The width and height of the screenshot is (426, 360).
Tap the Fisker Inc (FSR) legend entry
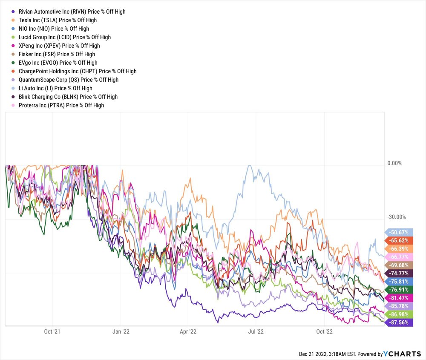tap(57, 54)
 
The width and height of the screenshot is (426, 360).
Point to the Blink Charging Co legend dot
tap(14, 97)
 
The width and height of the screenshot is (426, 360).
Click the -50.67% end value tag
tap(399, 232)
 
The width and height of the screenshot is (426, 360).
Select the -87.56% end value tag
tap(399, 323)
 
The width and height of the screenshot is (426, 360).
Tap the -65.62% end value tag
tap(399, 240)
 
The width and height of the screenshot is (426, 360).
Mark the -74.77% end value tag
tap(399, 273)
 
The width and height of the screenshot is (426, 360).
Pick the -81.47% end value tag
tap(399, 298)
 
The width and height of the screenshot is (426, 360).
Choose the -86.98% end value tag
tap(399, 314)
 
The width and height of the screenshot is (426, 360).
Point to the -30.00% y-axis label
tap(396, 217)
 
